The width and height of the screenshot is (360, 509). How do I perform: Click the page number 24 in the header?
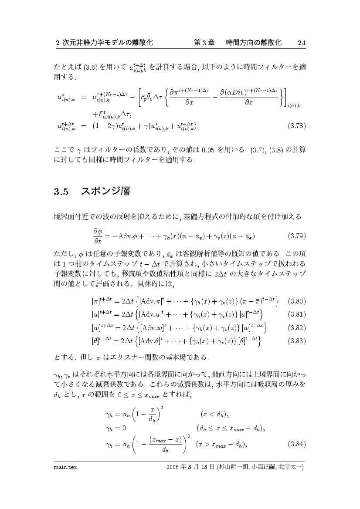click(x=302, y=43)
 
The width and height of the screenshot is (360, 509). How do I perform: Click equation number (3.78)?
click(x=296, y=126)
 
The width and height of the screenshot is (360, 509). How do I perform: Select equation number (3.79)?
click(x=296, y=236)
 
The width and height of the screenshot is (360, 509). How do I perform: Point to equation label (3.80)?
click(x=296, y=301)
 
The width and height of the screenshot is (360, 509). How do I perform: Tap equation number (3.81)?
click(x=296, y=314)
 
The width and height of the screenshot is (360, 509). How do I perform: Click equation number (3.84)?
click(x=296, y=445)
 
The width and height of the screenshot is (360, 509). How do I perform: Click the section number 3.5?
click(x=61, y=192)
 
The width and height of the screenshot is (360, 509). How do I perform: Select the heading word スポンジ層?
click(x=105, y=191)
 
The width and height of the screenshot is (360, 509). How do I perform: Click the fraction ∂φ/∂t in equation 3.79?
click(x=97, y=236)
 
